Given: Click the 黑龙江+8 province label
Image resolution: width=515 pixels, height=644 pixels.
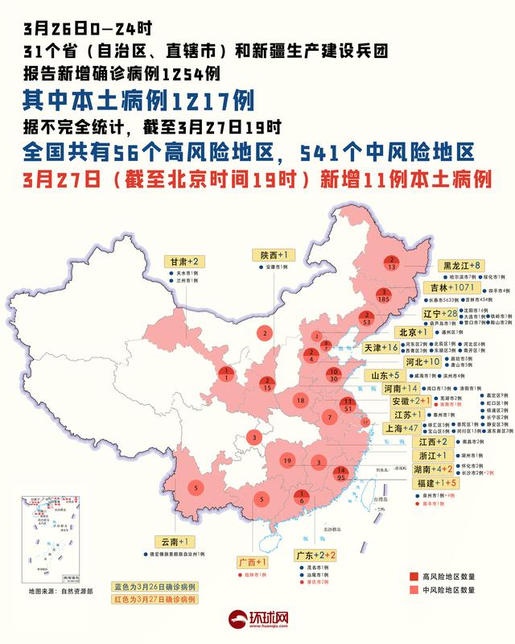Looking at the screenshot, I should click(x=460, y=265).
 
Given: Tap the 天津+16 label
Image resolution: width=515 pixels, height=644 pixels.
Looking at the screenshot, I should click(x=381, y=348).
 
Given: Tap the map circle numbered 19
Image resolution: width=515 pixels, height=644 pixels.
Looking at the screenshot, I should click(x=286, y=460).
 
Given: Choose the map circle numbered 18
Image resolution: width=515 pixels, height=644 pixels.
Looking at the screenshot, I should click(x=299, y=400).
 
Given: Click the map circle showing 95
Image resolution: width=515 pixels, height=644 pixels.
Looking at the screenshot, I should click(x=341, y=474).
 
